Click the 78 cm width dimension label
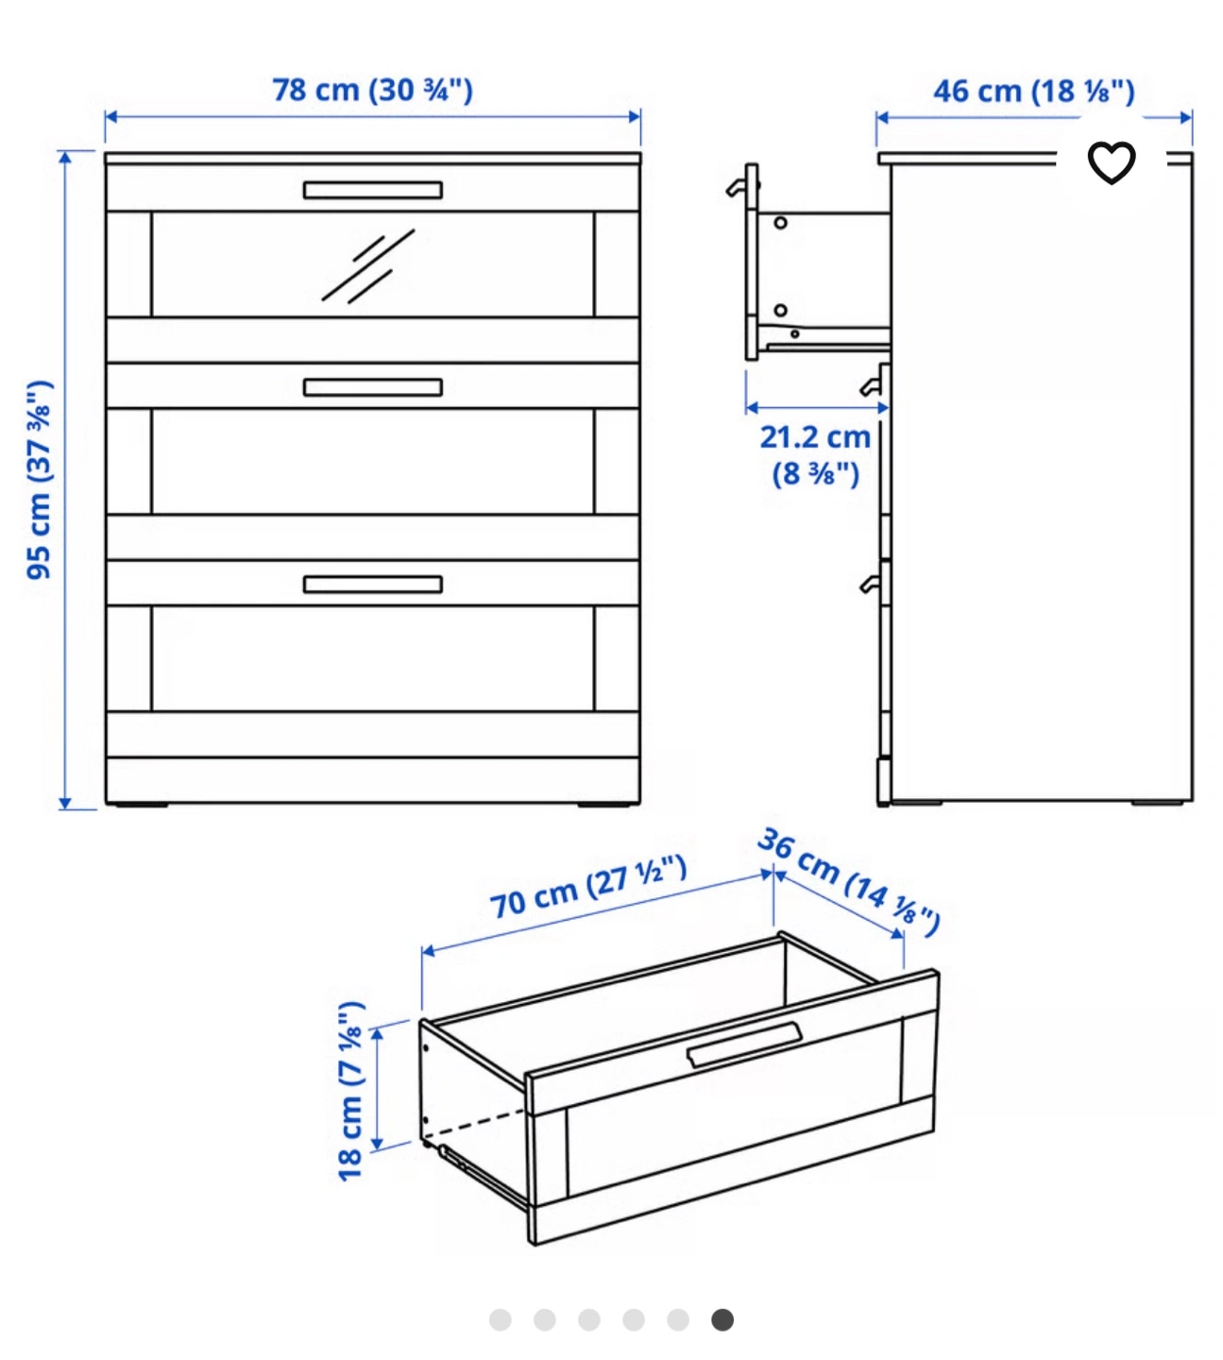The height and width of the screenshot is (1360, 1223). click(x=372, y=90)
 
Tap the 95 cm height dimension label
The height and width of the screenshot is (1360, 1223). click(x=40, y=480)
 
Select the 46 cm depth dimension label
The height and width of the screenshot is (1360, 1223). click(x=1034, y=92)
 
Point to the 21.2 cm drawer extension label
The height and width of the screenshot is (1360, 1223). click(x=815, y=455)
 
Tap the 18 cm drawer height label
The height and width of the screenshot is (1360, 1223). click(x=351, y=1091)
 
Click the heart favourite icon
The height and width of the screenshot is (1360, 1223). click(x=1112, y=162)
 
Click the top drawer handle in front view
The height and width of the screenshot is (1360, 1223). click(x=373, y=190)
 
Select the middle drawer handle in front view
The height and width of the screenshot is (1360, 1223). click(x=373, y=387)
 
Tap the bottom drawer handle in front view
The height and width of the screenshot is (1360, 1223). click(x=373, y=585)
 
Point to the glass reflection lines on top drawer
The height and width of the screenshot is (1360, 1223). click(x=368, y=266)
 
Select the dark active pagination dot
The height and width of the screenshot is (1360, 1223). click(x=722, y=1320)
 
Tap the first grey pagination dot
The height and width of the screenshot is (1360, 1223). click(x=501, y=1320)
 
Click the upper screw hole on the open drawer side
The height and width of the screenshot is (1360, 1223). click(x=780, y=222)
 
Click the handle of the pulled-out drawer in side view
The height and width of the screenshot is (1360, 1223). click(x=739, y=186)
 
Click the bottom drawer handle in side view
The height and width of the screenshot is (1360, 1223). click(x=871, y=584)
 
